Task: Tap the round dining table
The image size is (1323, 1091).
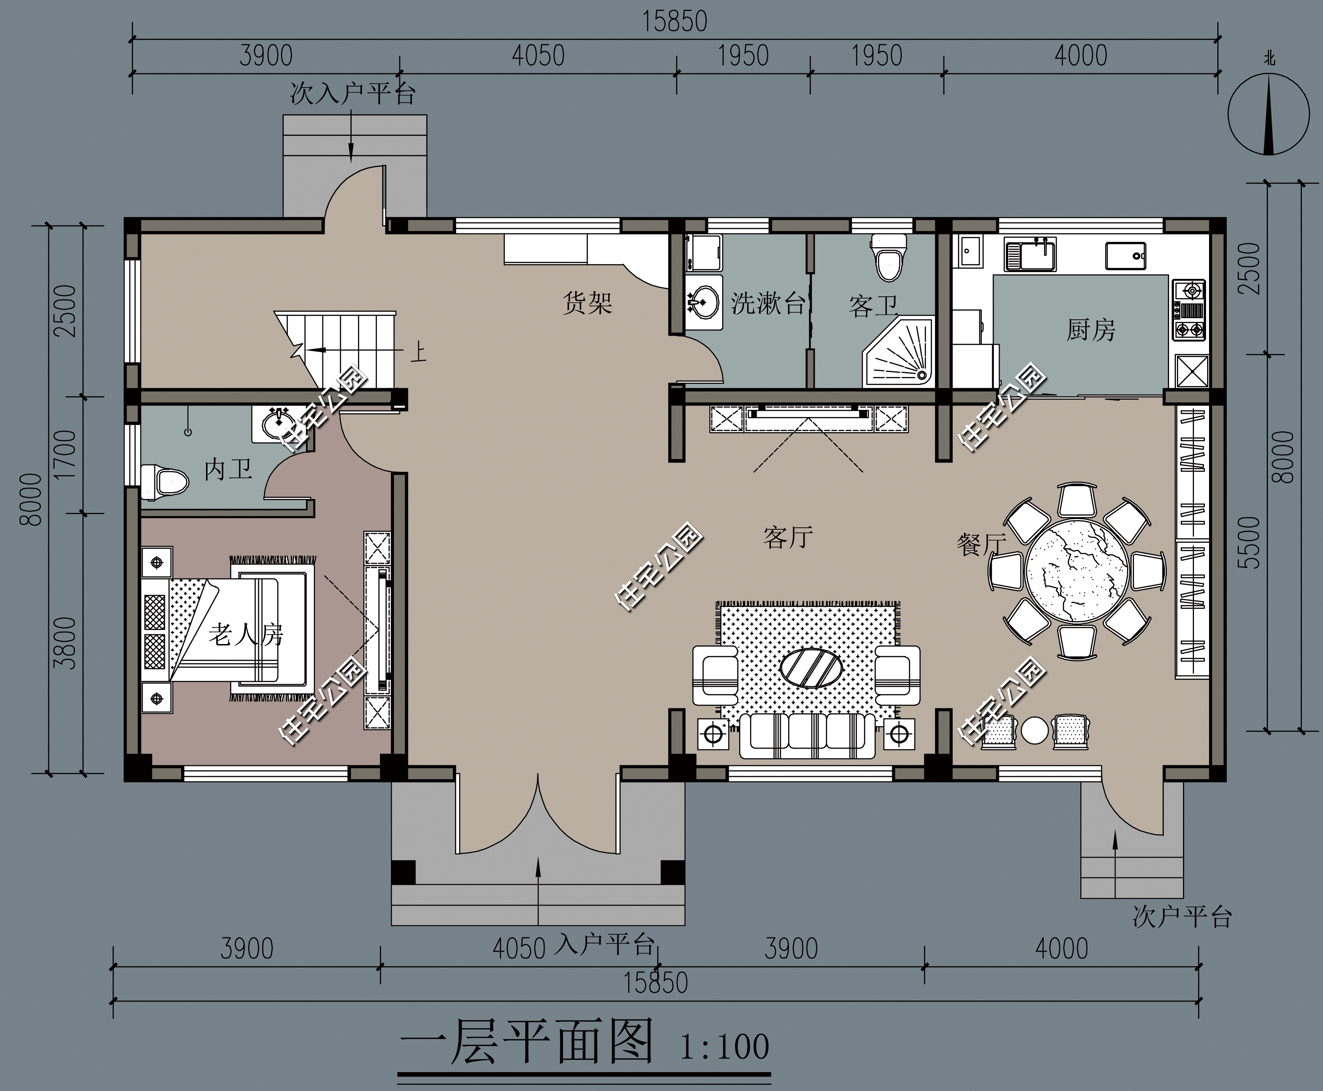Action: (1078, 571)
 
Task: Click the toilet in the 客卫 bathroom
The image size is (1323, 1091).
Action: (889, 259)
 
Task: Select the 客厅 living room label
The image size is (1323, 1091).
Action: (788, 537)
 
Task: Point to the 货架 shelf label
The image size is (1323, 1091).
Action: (587, 304)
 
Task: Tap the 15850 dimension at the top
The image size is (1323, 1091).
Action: (674, 22)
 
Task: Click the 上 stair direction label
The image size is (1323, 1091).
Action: (418, 352)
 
